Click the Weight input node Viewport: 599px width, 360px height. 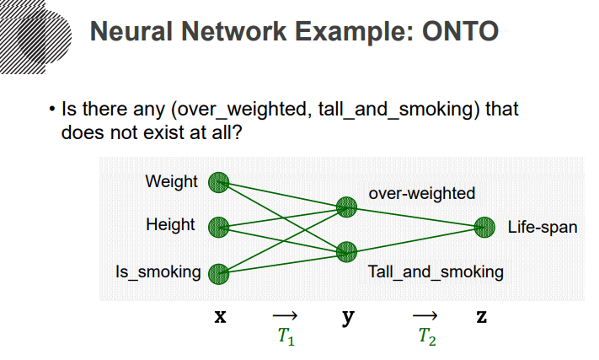[219, 181]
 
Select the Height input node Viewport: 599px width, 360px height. [219, 226]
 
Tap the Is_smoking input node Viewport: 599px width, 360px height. [219, 272]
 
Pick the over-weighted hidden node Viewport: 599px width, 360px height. [346, 207]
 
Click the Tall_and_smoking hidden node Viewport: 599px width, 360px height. [346, 250]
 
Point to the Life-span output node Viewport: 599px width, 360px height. [484, 227]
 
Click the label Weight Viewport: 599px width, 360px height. [171, 181]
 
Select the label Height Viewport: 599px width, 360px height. [170, 225]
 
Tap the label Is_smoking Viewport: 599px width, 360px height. [158, 272]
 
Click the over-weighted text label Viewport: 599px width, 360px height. [421, 193]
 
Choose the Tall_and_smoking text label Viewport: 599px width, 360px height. [436, 272]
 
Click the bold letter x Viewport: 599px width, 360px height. [220, 318]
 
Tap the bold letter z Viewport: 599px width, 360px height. [481, 318]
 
